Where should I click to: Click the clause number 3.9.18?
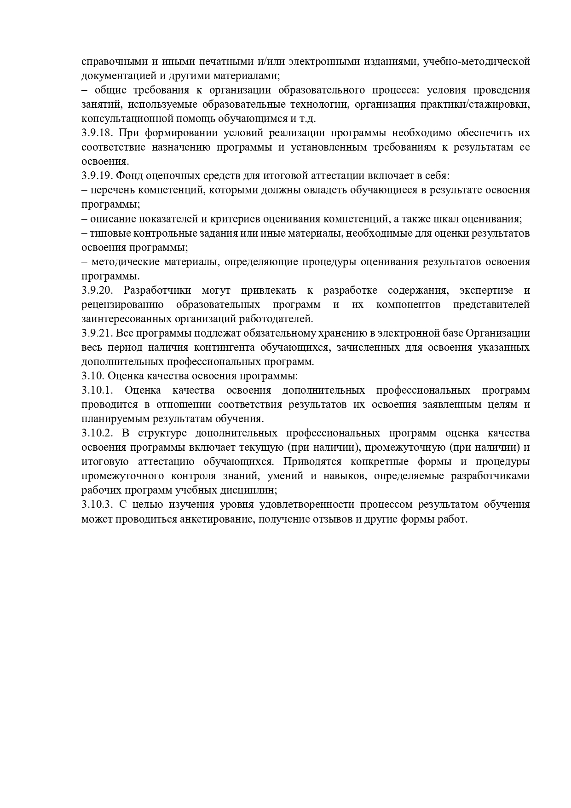coord(97,133)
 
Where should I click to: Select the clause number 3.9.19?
coord(97,176)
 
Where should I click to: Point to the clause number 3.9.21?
coord(97,333)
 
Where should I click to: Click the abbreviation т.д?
coord(308,119)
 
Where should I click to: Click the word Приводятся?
coord(311,462)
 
